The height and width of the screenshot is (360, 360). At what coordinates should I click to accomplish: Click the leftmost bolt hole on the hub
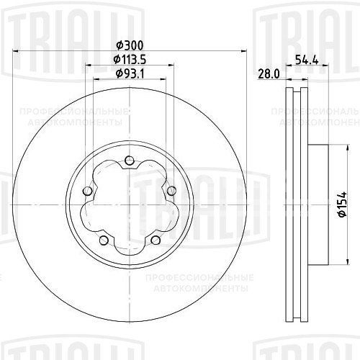[x=87, y=191]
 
